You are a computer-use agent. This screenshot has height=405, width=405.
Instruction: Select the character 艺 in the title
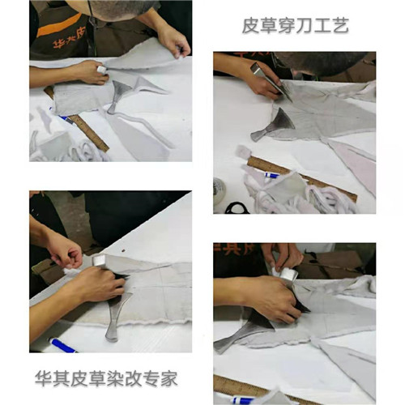[340, 26]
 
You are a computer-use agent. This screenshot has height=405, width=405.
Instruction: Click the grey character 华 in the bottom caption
[44, 379]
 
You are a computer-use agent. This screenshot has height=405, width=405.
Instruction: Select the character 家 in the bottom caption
[169, 379]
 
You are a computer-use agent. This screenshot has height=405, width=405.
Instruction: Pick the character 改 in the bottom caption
[133, 379]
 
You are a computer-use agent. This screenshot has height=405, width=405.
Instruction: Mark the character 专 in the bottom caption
[151, 379]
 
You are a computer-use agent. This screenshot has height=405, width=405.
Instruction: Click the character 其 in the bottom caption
[62, 379]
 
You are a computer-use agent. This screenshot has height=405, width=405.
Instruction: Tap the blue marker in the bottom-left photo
[62, 345]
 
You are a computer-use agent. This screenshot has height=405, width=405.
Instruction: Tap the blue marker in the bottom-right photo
[244, 399]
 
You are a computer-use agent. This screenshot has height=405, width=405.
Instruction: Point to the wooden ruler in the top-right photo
[302, 178]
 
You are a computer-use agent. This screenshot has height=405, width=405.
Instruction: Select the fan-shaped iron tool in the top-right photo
[273, 125]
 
